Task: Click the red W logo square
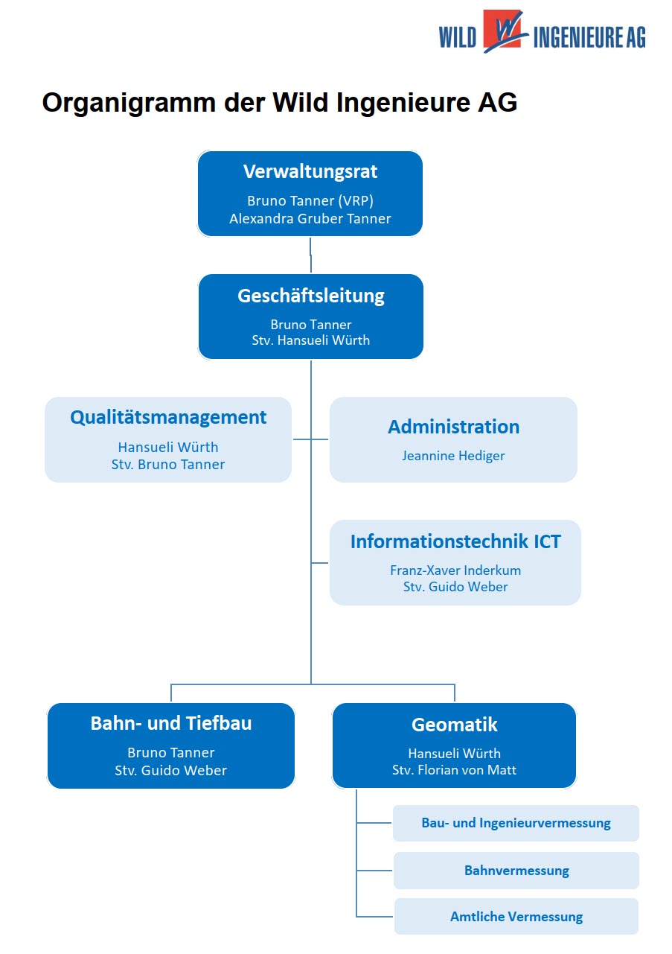coord(502,29)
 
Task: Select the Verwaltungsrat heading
coord(310,171)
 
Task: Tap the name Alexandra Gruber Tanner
coord(310,218)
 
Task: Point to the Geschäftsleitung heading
coord(311,296)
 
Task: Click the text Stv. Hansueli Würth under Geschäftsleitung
coord(311,340)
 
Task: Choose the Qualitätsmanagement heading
coord(168,418)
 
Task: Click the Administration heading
coord(454,427)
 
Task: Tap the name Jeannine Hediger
coord(454,456)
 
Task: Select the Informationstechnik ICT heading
coord(455,541)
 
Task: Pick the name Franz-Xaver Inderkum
coord(455,570)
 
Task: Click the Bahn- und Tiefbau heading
coord(171,724)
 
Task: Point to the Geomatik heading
coord(455,725)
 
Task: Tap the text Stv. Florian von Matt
coord(455,770)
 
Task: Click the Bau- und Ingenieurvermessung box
coord(516,823)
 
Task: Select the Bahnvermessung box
coord(516,871)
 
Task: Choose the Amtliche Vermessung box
coord(516,917)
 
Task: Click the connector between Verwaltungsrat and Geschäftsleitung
coord(310,255)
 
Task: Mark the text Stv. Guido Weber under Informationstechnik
coord(455,587)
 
